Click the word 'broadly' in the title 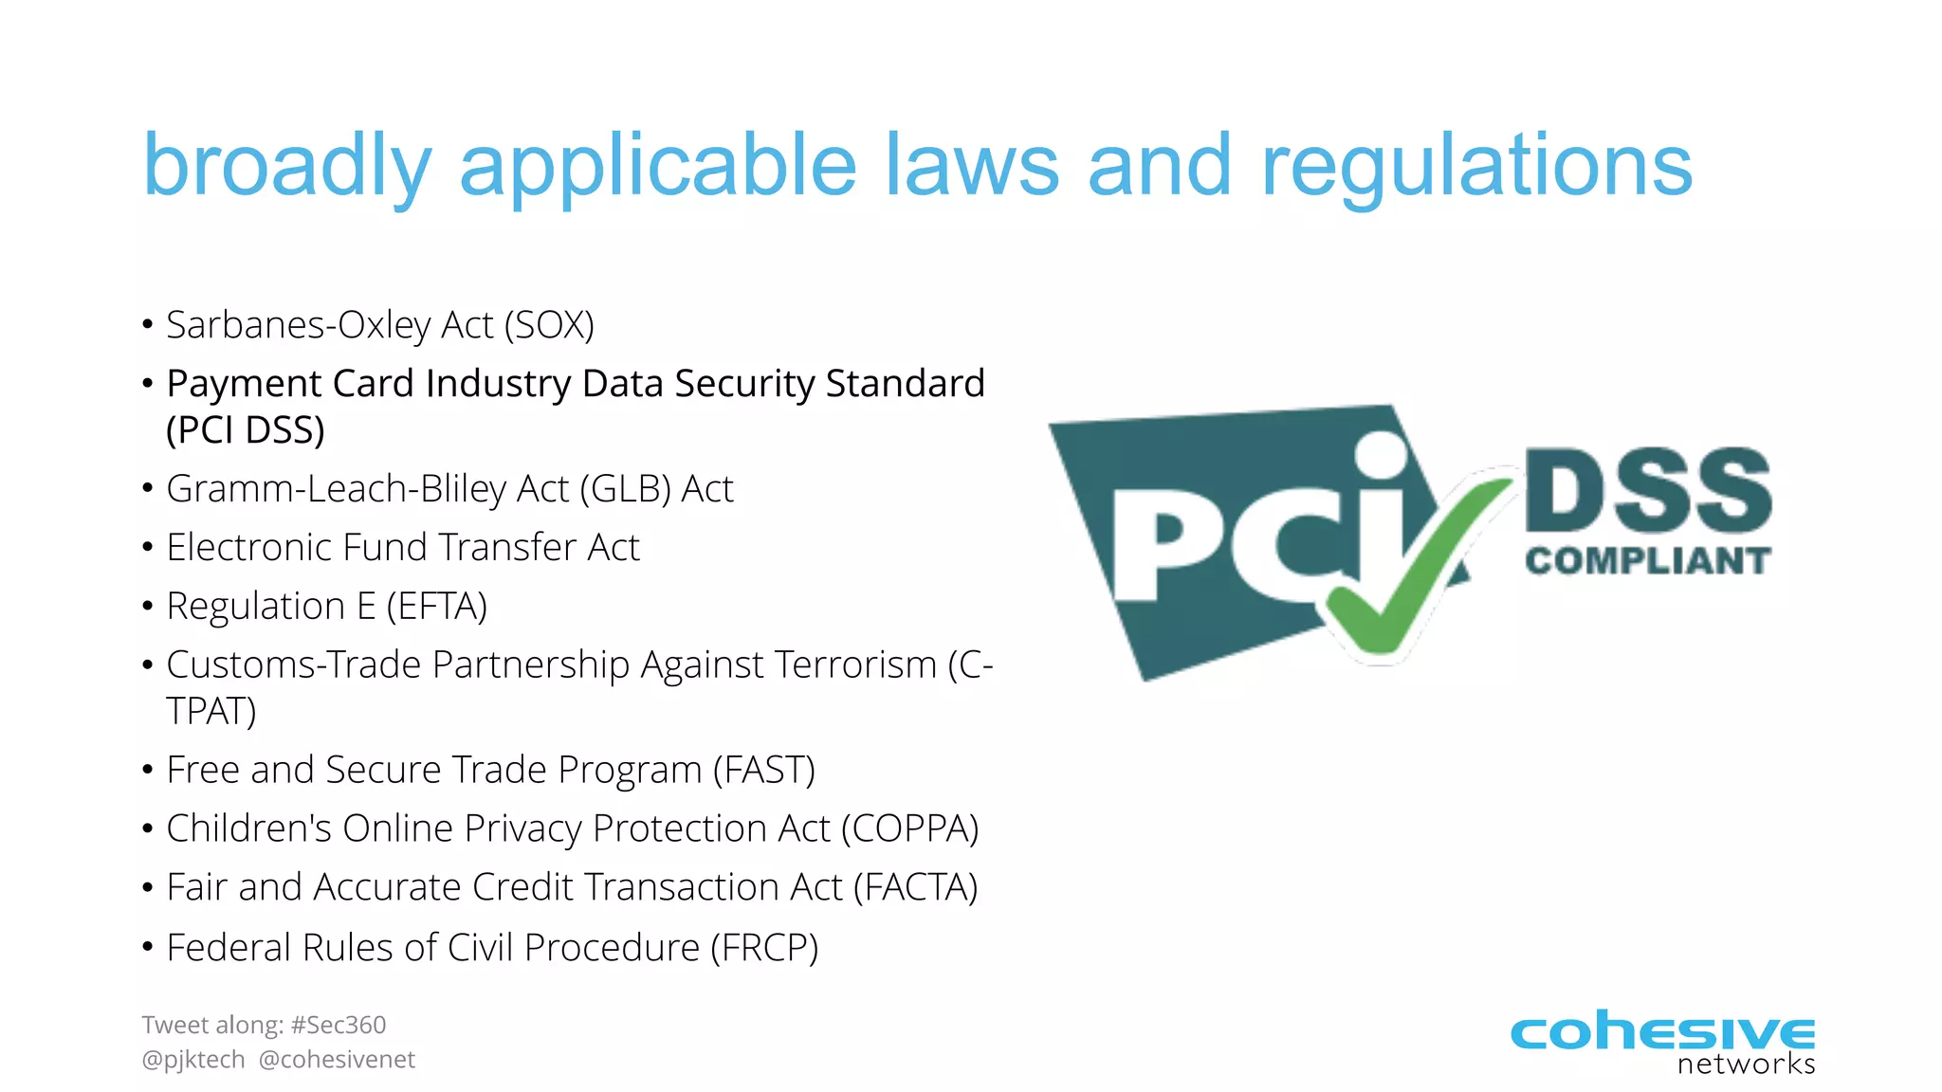286,167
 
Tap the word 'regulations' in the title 1475,167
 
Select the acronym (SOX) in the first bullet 549,325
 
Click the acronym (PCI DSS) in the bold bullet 246,430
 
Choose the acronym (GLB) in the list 625,489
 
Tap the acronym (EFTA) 437,607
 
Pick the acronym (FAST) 764,770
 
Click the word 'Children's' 248,828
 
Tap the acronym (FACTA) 916,887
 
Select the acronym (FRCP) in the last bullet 764,948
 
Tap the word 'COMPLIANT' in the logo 1647,561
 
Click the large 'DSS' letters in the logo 1647,491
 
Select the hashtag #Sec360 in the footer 339,1025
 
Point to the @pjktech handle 193,1060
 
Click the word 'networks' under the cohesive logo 1746,1064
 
